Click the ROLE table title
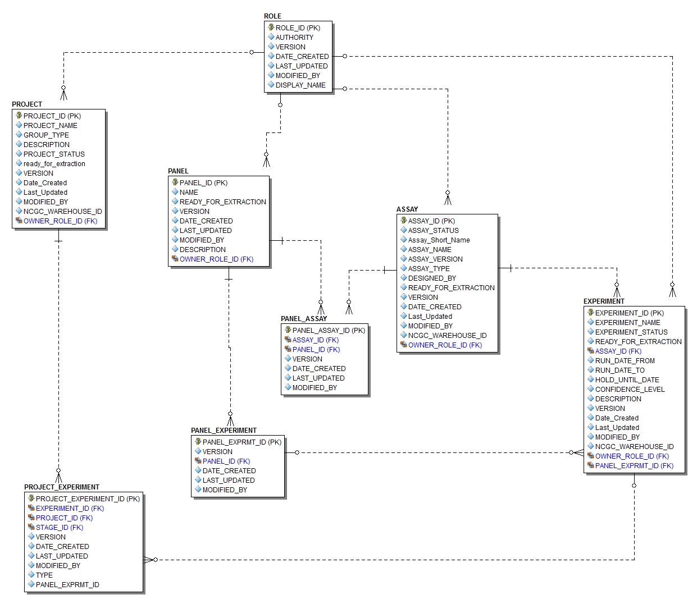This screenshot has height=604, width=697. coord(272,16)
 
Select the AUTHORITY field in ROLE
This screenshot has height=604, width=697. coord(294,38)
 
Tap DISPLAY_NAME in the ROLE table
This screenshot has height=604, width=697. coord(300,85)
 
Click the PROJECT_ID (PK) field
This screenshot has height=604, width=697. coord(52,116)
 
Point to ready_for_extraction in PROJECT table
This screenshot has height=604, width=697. coord(54,164)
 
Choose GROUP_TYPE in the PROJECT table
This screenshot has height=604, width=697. coord(46,135)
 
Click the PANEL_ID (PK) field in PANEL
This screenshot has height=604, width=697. coord(203,183)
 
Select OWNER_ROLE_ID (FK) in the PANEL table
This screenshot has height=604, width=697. coord(216,259)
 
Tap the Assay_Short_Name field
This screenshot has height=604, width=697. coord(439,240)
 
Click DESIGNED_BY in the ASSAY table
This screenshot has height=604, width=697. coord(432,278)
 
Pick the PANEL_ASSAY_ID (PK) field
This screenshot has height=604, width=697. coord(329,331)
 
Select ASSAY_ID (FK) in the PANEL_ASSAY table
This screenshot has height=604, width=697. coord(315,340)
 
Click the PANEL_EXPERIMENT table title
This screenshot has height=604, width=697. coord(224,431)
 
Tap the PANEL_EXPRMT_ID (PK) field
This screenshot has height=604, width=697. coord(242,442)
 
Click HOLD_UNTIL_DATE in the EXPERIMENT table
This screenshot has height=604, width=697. coord(627,380)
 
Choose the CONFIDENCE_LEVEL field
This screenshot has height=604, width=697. coord(630,390)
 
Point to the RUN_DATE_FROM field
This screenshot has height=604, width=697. coord(625,361)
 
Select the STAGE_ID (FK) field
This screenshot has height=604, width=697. coord(59,528)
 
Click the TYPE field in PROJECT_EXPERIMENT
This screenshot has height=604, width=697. coord(44,575)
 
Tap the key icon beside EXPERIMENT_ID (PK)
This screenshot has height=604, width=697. coord(590,313)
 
